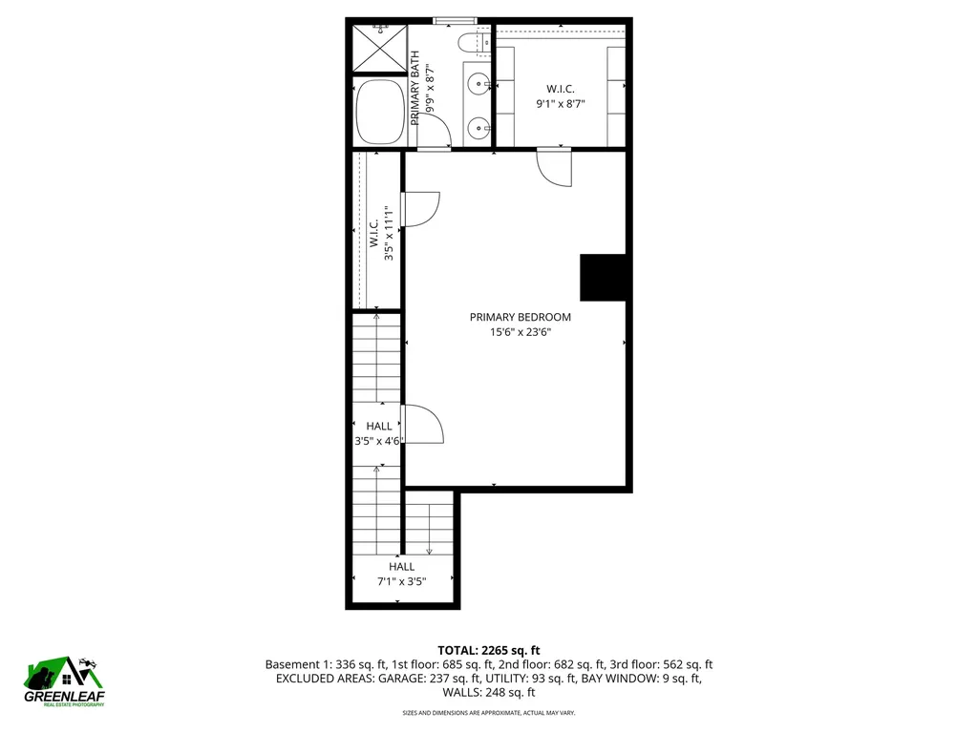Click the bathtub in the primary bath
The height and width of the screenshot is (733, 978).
coord(380,113)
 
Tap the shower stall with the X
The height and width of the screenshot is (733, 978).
coord(379,47)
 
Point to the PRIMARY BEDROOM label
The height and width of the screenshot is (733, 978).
coord(520,317)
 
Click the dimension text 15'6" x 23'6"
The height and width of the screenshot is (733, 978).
coord(520,332)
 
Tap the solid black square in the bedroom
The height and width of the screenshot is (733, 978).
coord(604,277)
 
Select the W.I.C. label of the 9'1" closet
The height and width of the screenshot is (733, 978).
coord(561,89)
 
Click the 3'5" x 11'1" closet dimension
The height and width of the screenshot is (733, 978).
coord(389,235)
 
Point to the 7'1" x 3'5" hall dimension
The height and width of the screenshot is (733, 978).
coord(401,580)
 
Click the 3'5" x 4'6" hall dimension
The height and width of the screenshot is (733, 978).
coord(377,441)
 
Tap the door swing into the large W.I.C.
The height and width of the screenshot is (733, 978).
coord(554,166)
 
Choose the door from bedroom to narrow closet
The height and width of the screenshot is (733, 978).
coord(420,209)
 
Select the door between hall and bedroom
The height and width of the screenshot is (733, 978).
coord(422,424)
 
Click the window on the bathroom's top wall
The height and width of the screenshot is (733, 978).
coord(455,20)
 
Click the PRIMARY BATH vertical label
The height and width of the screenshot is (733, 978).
coord(416,89)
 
